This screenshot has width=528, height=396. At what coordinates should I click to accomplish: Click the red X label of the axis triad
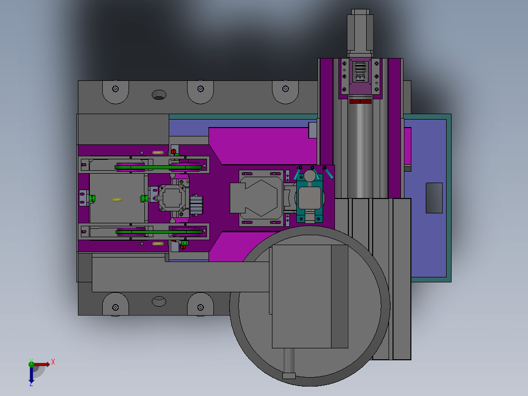click(x=53, y=362)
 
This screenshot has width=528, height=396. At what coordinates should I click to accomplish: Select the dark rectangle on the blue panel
click(x=434, y=198)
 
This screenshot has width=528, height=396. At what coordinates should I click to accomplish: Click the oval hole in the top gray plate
click(x=159, y=95)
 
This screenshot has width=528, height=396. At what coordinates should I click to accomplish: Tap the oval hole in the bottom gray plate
click(x=159, y=301)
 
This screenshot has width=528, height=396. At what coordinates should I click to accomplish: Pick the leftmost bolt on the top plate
click(x=116, y=89)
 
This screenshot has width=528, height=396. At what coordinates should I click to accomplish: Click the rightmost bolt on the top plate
click(x=285, y=89)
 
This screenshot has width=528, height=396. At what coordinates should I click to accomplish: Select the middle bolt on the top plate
click(x=200, y=89)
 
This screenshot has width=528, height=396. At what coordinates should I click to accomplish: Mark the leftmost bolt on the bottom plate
click(x=116, y=308)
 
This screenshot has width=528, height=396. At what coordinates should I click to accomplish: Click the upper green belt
click(x=158, y=167)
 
